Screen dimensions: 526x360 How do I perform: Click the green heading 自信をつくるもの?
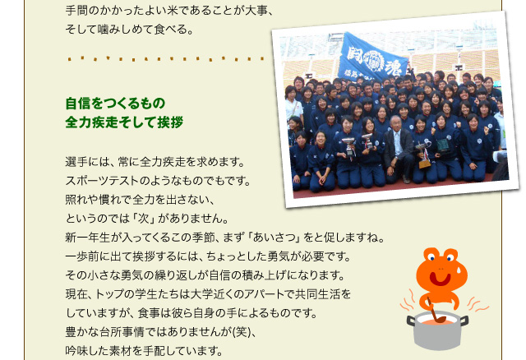click(115, 104)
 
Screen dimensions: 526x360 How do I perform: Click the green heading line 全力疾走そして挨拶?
click(124, 122)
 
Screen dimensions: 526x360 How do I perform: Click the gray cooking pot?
click(437, 330)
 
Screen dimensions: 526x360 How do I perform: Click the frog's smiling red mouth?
click(441, 279)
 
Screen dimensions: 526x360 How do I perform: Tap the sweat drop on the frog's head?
click(459, 270)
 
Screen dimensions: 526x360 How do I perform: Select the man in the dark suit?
click(398, 149)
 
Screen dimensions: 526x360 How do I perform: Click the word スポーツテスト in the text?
click(102, 181)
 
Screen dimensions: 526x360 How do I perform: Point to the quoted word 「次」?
click(143, 219)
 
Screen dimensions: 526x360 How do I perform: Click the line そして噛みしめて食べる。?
click(130, 30)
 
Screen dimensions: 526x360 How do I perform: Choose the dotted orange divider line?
click(166, 59)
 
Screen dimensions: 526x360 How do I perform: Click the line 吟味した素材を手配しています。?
click(145, 351)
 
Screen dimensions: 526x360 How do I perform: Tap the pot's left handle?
click(411, 321)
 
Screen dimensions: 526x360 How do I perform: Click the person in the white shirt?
click(294, 106)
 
